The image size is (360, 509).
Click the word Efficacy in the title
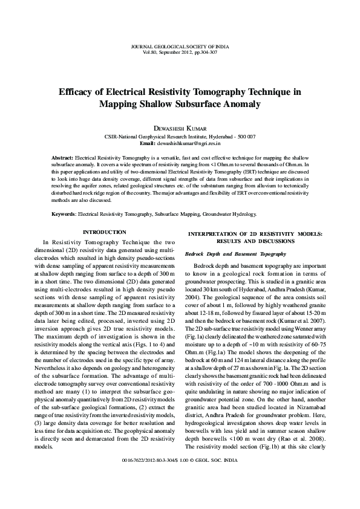click(x=81, y=92)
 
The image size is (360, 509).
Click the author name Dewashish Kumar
click(x=180, y=128)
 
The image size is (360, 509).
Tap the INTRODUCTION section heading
click(x=104, y=233)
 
